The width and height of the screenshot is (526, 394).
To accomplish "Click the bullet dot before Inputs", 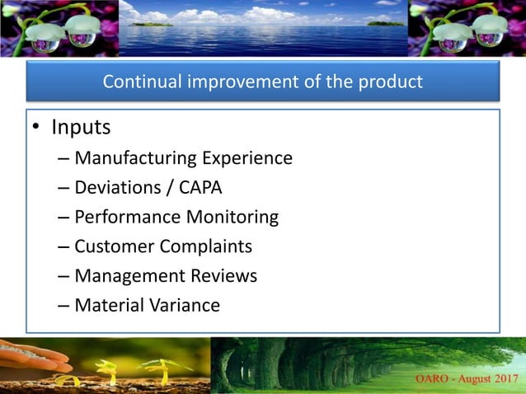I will click(35, 129).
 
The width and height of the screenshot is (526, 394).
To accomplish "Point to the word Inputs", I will click(81, 129).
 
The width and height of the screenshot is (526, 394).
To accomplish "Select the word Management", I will click(124, 276).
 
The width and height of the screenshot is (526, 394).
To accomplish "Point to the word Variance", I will click(184, 306).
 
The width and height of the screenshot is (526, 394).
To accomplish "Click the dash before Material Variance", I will click(63, 306).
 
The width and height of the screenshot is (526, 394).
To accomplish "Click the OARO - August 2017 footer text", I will click(463, 379).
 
